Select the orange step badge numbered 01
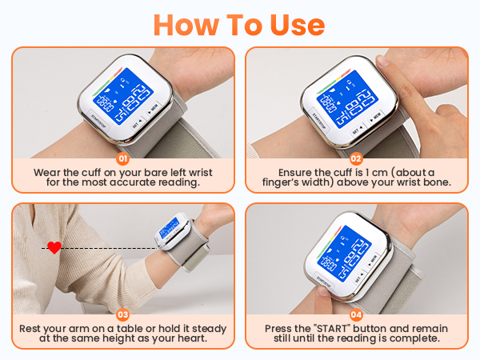point(123,159)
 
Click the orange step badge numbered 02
point(357,159)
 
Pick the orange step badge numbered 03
point(123,315)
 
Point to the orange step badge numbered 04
point(357,315)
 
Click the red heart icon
point(54,248)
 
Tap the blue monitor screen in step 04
point(349,254)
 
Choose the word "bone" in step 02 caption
point(442,182)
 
